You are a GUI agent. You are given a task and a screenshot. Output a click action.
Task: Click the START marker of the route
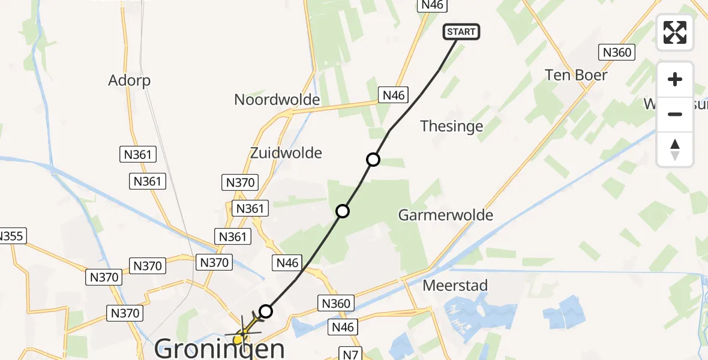[461, 32]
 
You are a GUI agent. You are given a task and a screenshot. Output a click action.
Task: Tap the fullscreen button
[675, 32]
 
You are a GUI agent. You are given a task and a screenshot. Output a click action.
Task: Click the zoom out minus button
[675, 114]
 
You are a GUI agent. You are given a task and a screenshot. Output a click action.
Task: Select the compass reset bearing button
[675, 149]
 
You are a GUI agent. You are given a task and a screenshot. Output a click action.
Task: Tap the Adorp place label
[129, 80]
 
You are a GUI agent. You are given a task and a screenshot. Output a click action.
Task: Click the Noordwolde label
[277, 100]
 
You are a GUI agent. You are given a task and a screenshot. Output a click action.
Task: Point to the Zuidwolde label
[286, 153]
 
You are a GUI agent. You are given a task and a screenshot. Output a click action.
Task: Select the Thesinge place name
[452, 126]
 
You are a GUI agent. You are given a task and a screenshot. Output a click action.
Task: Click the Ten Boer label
[576, 75]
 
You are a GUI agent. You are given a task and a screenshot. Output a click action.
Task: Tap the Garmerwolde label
[446, 215]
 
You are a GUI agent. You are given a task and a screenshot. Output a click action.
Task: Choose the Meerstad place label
[455, 285]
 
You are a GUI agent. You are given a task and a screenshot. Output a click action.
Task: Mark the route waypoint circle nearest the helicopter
[266, 311]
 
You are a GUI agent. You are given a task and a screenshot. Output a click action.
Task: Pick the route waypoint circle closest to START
[373, 160]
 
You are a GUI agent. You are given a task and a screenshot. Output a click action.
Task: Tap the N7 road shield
[352, 355]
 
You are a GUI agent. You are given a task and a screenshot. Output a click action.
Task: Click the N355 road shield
[11, 236]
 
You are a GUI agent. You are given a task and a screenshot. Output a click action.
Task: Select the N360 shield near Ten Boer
[617, 52]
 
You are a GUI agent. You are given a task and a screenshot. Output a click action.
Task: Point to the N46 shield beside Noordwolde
[393, 94]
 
